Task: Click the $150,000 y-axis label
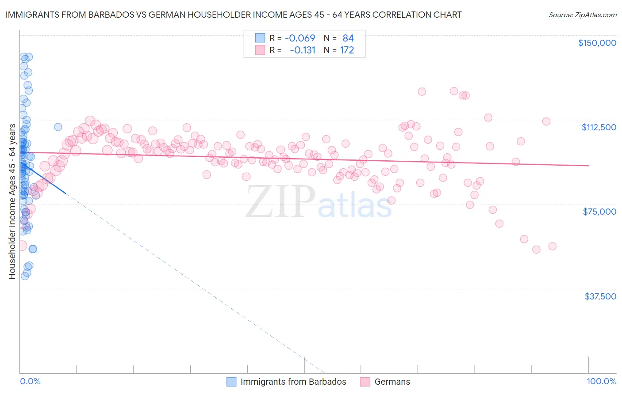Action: point(597,43)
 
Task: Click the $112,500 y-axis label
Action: point(599,127)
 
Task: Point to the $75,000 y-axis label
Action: point(599,212)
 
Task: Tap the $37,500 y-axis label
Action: point(600,296)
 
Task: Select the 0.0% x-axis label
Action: point(30,381)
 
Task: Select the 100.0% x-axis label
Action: point(601,381)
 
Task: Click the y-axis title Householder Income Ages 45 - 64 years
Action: point(12,201)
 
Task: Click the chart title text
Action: point(234,15)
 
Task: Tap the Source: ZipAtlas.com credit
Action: point(582,15)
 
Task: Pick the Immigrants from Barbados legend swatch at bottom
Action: point(231,382)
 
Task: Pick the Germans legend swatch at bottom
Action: point(365,382)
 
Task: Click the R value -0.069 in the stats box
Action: point(299,38)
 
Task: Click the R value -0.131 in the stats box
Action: point(302,50)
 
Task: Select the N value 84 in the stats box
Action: point(348,38)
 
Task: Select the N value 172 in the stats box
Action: point(347,50)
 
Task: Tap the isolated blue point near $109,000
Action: point(58,127)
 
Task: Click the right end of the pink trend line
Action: point(588,166)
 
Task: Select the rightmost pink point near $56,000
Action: point(552,246)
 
